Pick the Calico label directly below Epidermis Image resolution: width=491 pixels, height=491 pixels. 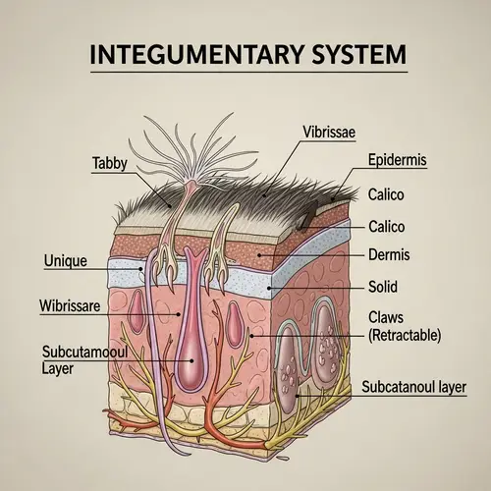click(385, 193)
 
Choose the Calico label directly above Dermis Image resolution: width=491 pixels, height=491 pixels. click(385, 226)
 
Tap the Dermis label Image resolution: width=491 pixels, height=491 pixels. click(388, 255)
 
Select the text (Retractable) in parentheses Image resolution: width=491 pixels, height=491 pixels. click(405, 335)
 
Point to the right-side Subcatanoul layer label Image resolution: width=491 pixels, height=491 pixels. click(412, 386)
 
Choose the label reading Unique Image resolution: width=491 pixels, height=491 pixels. click(67, 261)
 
